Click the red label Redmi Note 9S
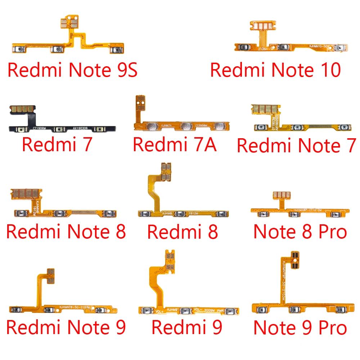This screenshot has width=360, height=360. click(72, 70)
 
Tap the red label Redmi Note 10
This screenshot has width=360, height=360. click(275, 70)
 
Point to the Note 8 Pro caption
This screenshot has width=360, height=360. click(300, 231)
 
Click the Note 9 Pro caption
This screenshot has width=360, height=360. click(300, 328)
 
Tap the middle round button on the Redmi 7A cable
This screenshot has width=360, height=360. click(186, 126)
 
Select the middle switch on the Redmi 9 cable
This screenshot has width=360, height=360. click(185, 311)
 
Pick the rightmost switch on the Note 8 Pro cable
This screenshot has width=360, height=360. click(336, 215)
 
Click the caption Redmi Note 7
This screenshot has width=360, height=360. click(296, 146)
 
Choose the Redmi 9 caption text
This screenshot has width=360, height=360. click(187, 328)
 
